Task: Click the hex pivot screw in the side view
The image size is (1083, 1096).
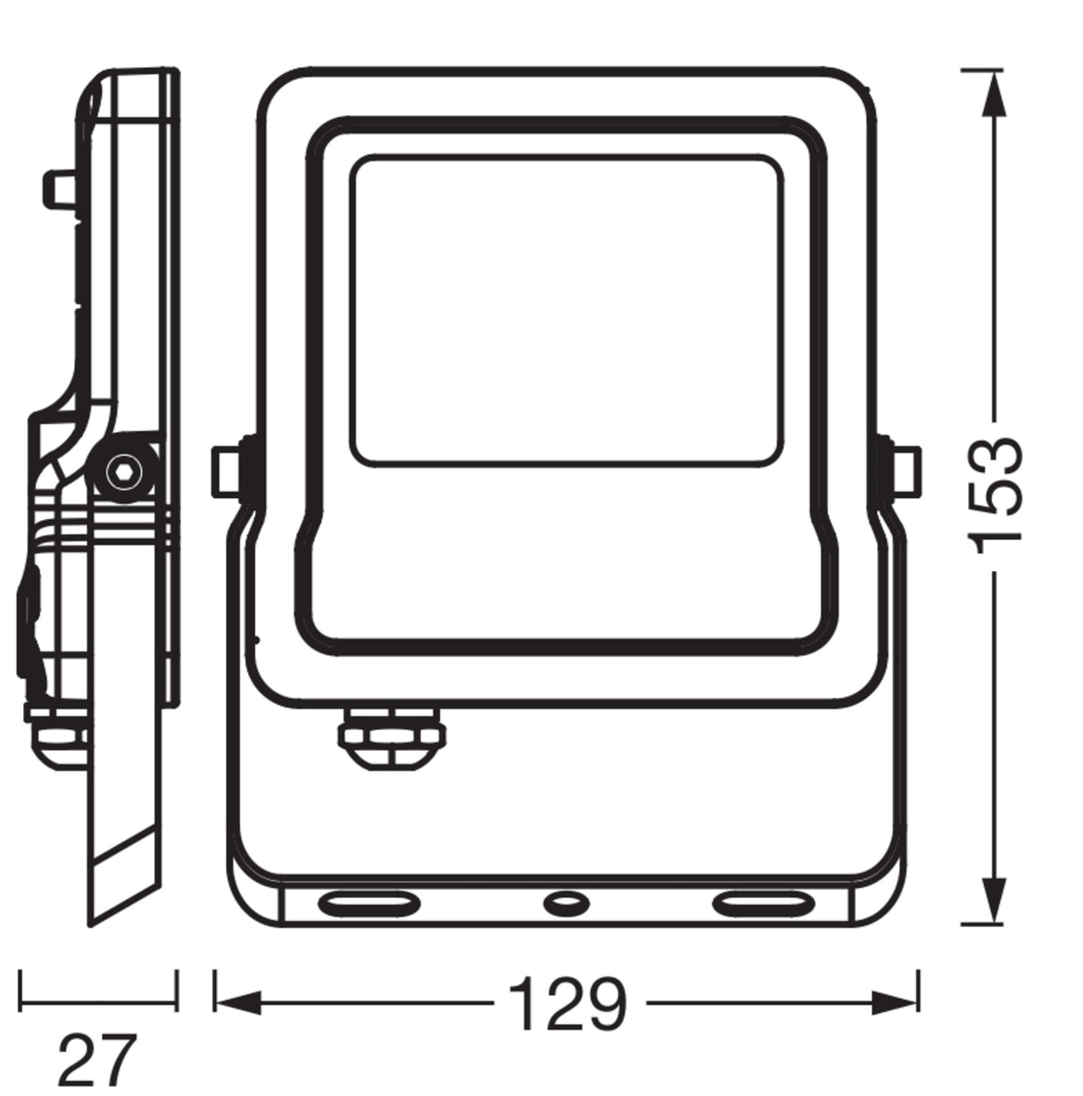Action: tap(125, 471)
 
